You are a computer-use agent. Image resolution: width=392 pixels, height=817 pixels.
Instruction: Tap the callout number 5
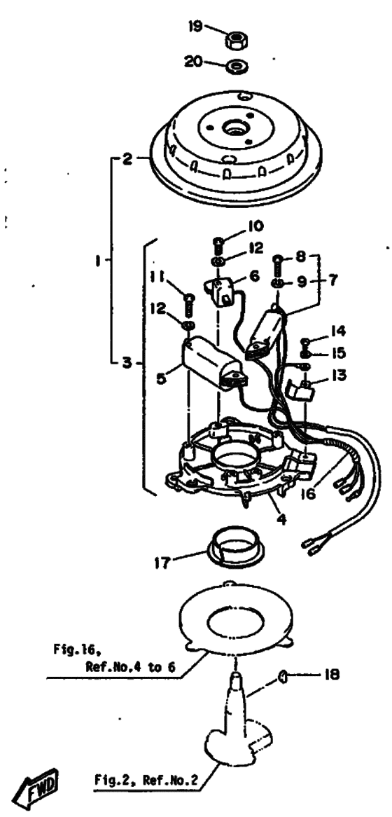pos(162,377)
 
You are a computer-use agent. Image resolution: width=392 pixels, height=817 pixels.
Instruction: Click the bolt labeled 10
pos(219,246)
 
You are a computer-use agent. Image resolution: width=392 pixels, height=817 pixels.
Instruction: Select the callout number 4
pos(281,519)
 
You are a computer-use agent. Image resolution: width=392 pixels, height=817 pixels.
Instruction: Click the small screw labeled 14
pos(307,343)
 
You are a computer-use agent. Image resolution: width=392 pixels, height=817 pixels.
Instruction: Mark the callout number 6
pos(253,275)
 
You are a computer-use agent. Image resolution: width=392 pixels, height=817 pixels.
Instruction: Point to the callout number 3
pos(127,362)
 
